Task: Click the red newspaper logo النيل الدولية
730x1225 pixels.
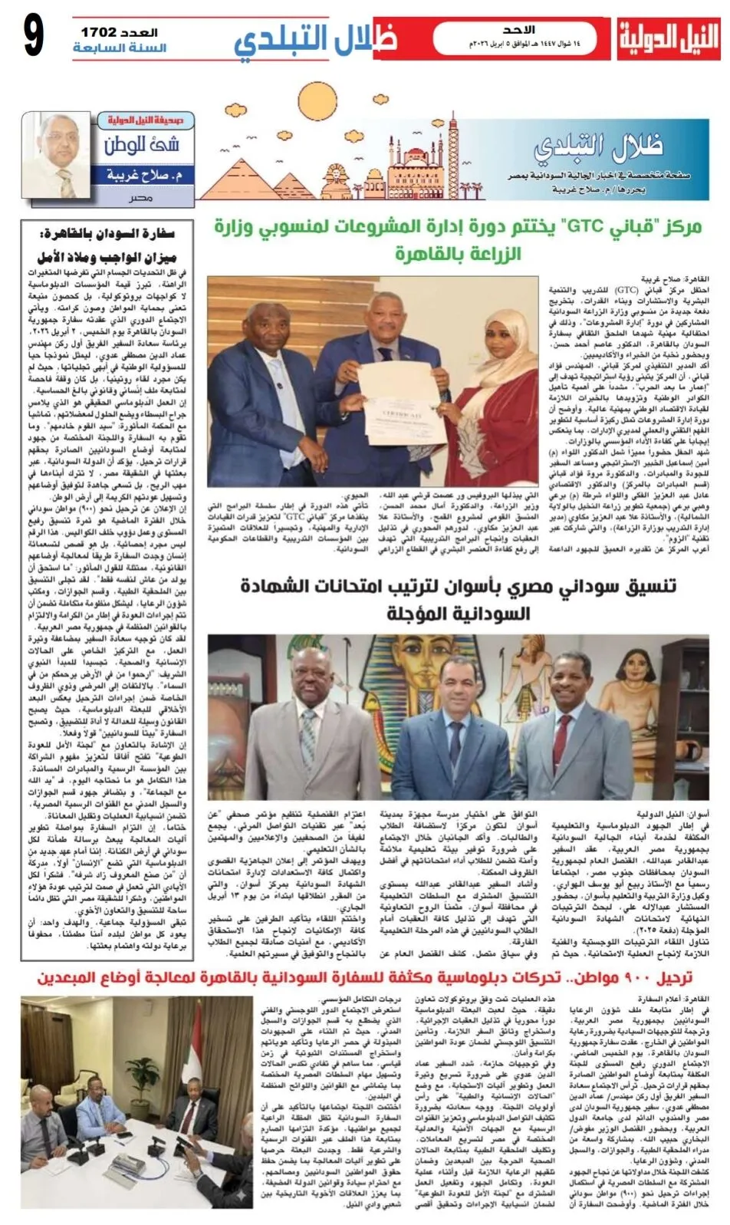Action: pos(669,39)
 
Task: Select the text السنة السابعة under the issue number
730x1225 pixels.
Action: pos(120,48)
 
